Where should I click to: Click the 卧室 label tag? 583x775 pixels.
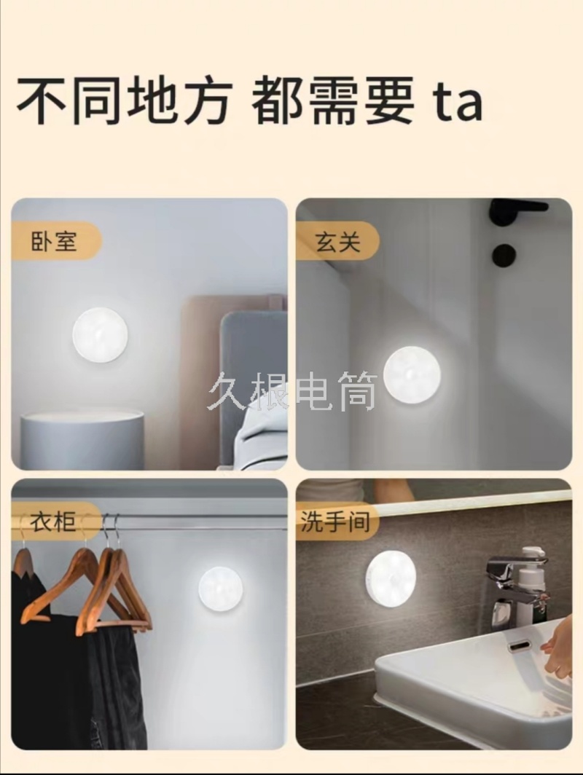(x=55, y=241)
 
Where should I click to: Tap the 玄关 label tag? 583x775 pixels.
(x=338, y=242)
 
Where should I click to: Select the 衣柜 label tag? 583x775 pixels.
(x=55, y=522)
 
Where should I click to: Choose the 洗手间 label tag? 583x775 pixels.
(x=337, y=522)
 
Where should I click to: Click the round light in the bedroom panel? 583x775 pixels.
(x=101, y=334)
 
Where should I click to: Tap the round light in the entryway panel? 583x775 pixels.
(x=412, y=372)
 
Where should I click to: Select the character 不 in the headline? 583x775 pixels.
(x=44, y=101)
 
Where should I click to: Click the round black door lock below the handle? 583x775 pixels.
(x=504, y=254)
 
